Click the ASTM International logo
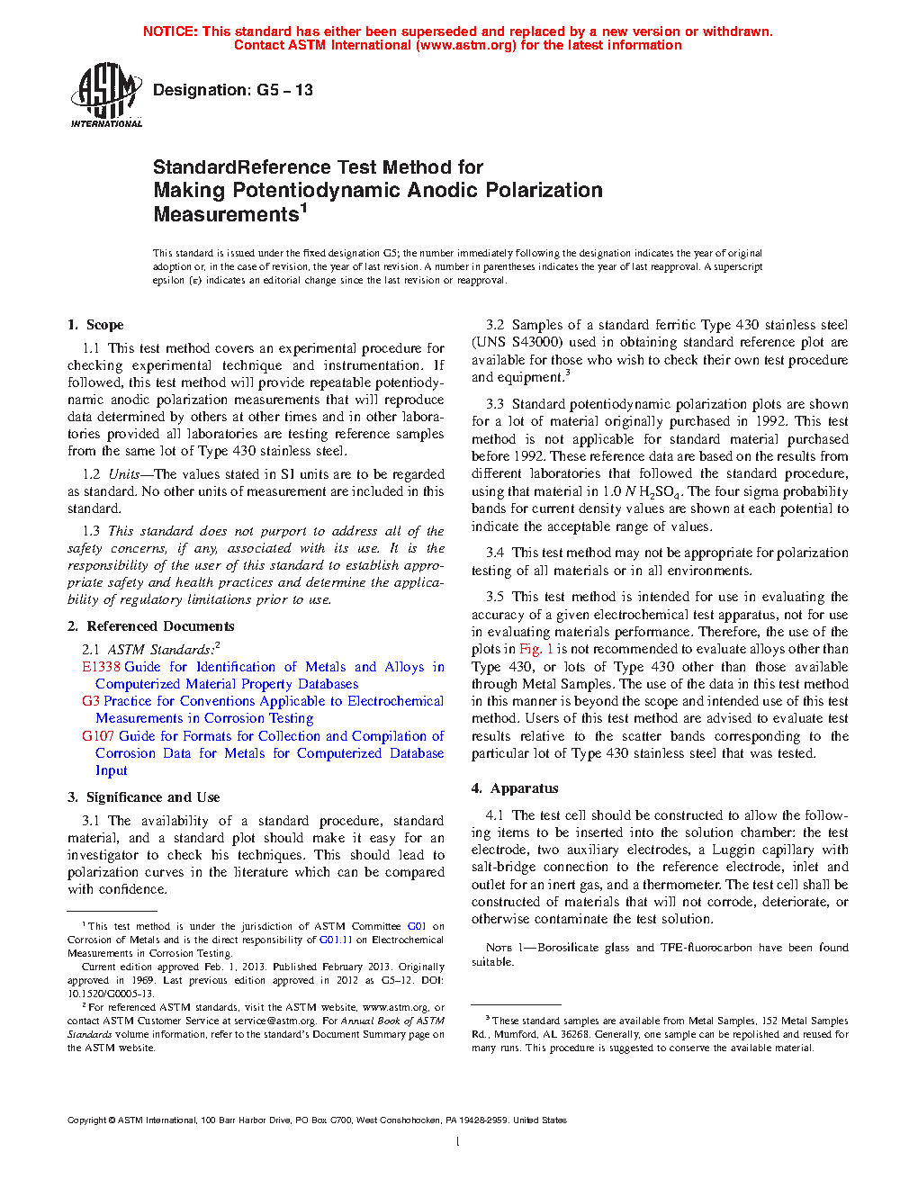[105, 94]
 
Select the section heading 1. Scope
[95, 325]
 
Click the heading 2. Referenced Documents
[150, 626]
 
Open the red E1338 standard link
[101, 667]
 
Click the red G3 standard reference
[90, 701]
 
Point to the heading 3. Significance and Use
[143, 797]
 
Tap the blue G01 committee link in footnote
[417, 926]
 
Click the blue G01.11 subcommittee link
[336, 940]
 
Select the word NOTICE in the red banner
[170, 31]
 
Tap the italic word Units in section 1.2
[124, 474]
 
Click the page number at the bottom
[458, 1142]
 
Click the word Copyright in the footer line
[86, 1120]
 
